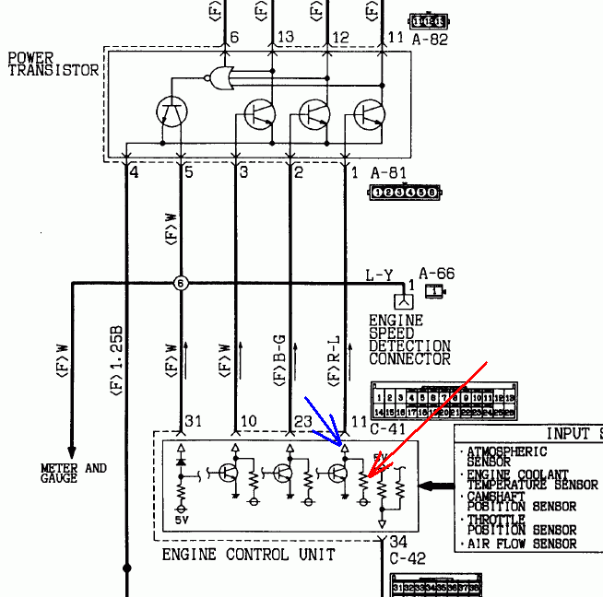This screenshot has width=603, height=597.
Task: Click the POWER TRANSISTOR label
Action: click(x=53, y=64)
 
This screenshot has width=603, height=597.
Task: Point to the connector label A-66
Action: click(x=435, y=274)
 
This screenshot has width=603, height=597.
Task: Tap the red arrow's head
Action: click(x=363, y=479)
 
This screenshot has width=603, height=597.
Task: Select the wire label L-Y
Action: click(x=378, y=274)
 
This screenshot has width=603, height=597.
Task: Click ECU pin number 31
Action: click(x=193, y=421)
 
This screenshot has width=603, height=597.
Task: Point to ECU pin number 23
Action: click(x=301, y=421)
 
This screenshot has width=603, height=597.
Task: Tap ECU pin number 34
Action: click(x=398, y=542)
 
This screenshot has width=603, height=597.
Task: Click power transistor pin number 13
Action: click(x=285, y=37)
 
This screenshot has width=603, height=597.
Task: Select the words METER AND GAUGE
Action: click(x=73, y=474)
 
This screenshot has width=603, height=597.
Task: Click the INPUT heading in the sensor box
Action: click(x=572, y=434)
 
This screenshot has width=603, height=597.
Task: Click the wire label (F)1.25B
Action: click(x=116, y=360)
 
